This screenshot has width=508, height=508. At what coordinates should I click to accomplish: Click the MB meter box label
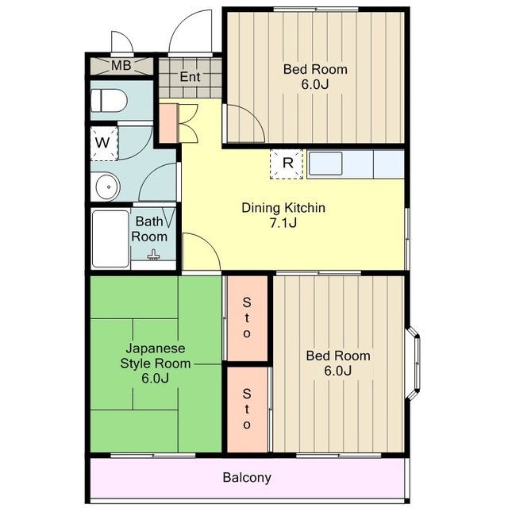click(x=121, y=65)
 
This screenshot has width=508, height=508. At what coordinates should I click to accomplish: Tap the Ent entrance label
click(x=190, y=77)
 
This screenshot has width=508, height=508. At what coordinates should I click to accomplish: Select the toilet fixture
click(x=109, y=101)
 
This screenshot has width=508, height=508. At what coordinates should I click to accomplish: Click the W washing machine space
click(x=104, y=144)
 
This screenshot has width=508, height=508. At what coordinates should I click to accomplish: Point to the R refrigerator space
click(x=287, y=164)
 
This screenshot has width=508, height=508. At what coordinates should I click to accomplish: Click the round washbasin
click(x=108, y=187)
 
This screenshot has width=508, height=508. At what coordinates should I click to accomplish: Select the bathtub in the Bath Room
click(x=110, y=239)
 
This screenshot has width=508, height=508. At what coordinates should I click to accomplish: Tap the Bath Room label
click(x=149, y=229)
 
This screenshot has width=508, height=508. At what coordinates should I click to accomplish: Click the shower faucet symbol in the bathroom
click(x=153, y=256)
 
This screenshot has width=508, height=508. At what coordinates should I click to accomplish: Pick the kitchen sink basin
click(x=325, y=164)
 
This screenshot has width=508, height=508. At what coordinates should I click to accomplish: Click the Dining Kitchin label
click(x=283, y=208)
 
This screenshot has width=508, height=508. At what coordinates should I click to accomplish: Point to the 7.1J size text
click(x=283, y=223)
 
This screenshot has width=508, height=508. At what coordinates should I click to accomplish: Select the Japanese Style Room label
click(x=156, y=356)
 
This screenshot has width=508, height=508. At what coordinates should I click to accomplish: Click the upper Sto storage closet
click(x=247, y=318)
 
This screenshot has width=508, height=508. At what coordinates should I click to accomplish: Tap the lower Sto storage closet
click(x=247, y=410)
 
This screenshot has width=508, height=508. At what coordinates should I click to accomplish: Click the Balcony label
click(x=247, y=477)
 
